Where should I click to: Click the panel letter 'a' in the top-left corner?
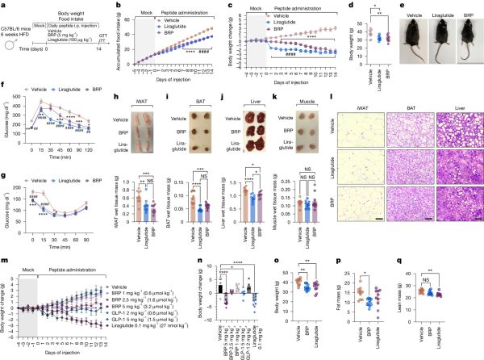[4, 5]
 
